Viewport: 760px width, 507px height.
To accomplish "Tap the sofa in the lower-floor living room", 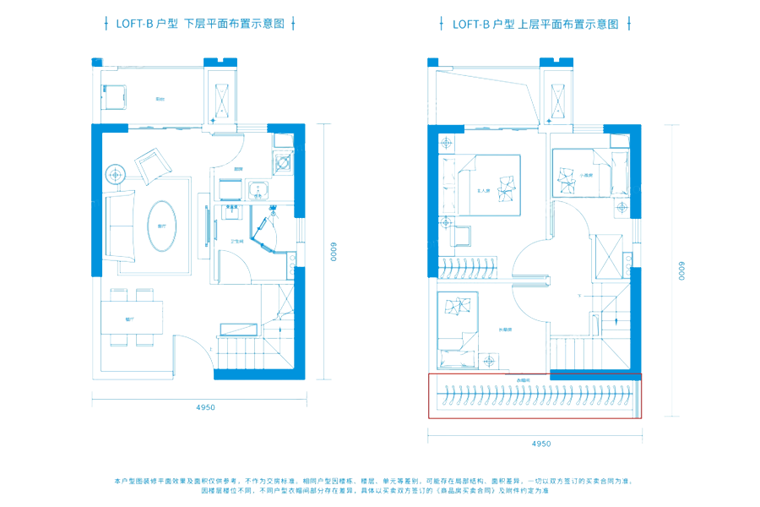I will coord(120,226).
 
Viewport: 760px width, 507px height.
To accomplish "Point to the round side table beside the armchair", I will coord(116,175).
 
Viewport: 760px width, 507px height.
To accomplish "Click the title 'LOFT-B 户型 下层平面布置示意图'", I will coord(199,25).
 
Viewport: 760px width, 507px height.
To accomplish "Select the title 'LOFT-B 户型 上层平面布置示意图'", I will coord(535,25).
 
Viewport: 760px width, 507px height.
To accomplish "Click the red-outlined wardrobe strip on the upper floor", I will coord(535,395).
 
